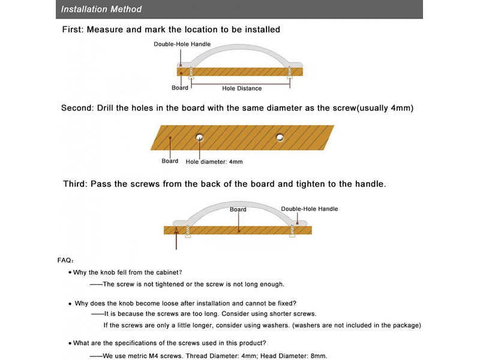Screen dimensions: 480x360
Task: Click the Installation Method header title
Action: point(101,9)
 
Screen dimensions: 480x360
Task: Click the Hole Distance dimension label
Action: point(242,88)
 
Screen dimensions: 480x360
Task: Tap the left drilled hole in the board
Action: point(200,137)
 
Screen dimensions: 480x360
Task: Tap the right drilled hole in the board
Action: point(280,137)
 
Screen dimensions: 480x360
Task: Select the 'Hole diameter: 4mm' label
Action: point(214,161)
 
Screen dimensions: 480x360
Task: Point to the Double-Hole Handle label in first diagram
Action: point(182,44)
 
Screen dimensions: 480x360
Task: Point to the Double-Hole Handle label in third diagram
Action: point(310,209)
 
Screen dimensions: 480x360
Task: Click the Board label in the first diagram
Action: point(180,88)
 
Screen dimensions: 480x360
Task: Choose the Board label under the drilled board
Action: point(170,161)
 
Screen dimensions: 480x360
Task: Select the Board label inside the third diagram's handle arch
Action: point(238,209)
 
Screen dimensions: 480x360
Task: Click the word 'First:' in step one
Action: point(73,29)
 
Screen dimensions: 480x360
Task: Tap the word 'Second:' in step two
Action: point(77,108)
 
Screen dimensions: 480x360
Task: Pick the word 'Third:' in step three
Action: point(76,184)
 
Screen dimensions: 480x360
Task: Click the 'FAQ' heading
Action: point(64,260)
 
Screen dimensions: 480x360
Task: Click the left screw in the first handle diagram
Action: point(191,73)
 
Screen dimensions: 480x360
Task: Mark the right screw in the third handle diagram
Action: point(292,231)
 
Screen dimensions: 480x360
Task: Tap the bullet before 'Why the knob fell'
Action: point(70,272)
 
